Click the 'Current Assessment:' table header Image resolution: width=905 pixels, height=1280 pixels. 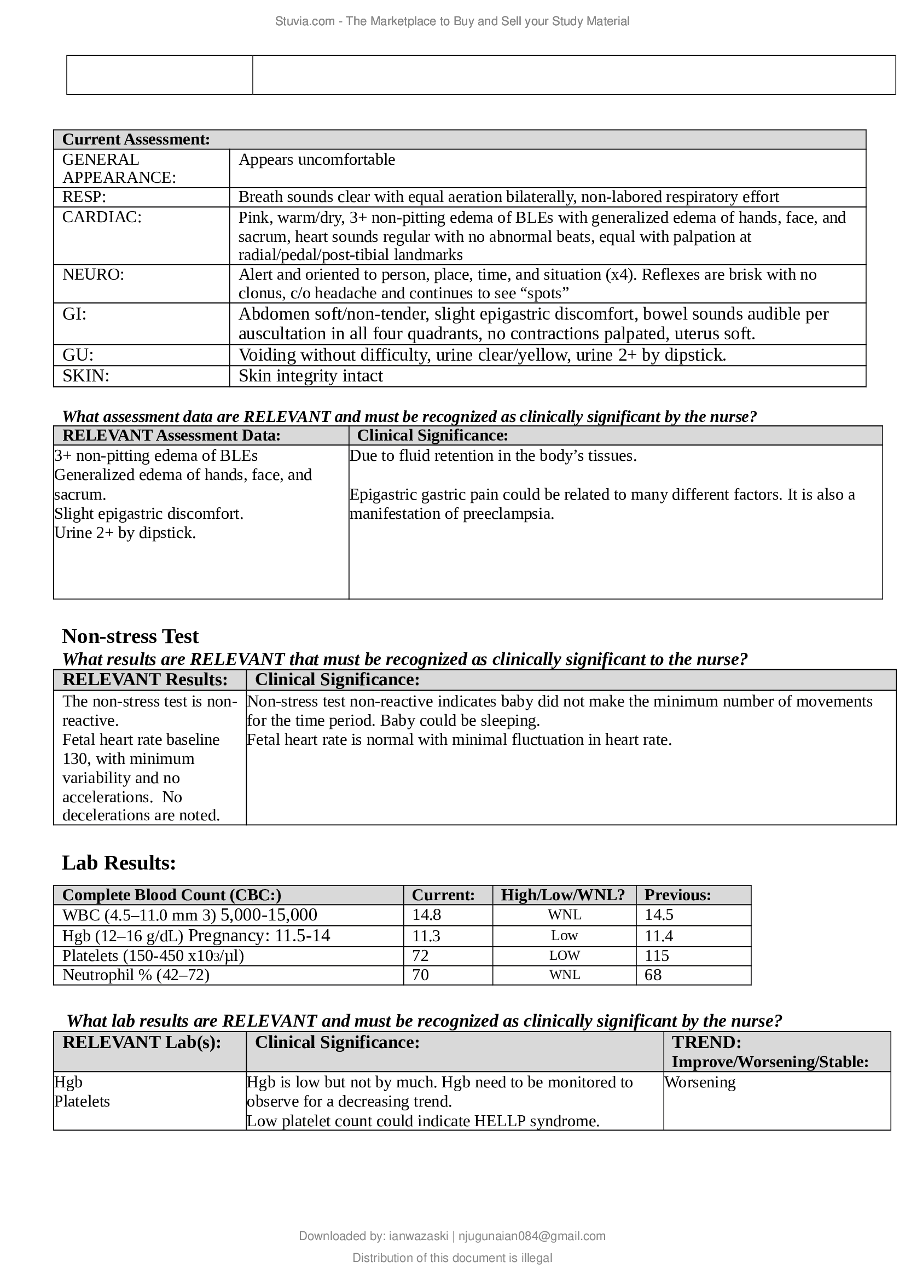coord(136,140)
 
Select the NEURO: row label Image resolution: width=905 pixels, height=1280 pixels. coord(93,274)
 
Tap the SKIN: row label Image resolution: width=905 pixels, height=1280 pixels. coord(86,376)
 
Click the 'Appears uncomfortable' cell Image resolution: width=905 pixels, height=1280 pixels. coord(316,159)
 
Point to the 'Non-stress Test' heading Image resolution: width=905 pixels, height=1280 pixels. coord(130,636)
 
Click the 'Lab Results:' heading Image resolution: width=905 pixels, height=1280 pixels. coord(119,862)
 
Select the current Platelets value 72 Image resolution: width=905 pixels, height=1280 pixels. coord(420,955)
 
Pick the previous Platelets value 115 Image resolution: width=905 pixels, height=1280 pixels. coord(657,955)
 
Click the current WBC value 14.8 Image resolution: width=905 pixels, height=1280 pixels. coord(426,915)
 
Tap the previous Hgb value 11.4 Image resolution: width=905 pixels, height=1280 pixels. coord(659,935)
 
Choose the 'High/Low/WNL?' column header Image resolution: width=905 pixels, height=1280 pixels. coord(563,895)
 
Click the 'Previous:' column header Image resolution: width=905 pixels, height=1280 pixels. coord(677,895)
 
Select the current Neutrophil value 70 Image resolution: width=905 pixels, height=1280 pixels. coord(420,975)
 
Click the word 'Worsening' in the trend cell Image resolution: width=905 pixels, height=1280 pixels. coord(700,1082)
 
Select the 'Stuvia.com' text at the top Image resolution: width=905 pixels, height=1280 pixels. coord(305,21)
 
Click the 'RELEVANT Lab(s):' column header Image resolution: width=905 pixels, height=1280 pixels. coord(142,1042)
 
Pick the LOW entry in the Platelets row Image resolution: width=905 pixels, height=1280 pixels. coord(564,955)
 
